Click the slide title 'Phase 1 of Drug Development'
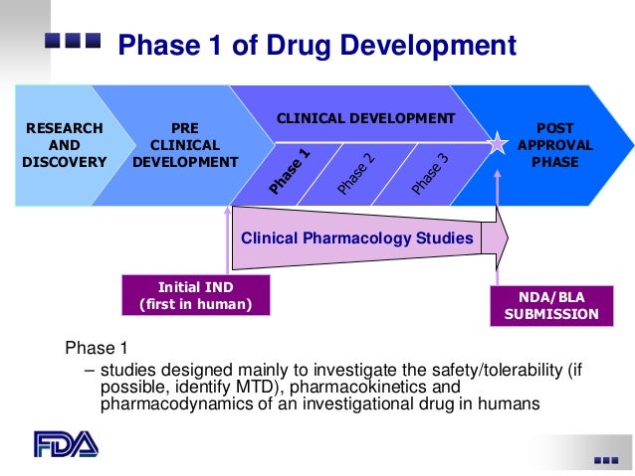(x=317, y=47)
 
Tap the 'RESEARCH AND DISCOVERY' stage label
(x=64, y=145)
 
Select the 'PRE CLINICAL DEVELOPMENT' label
(x=185, y=145)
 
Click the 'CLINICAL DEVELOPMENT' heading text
(x=365, y=118)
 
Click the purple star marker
(x=496, y=144)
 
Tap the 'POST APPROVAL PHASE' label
(x=555, y=145)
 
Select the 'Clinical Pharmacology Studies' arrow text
(x=357, y=238)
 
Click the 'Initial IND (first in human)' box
(x=195, y=294)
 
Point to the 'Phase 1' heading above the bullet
(x=97, y=348)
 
